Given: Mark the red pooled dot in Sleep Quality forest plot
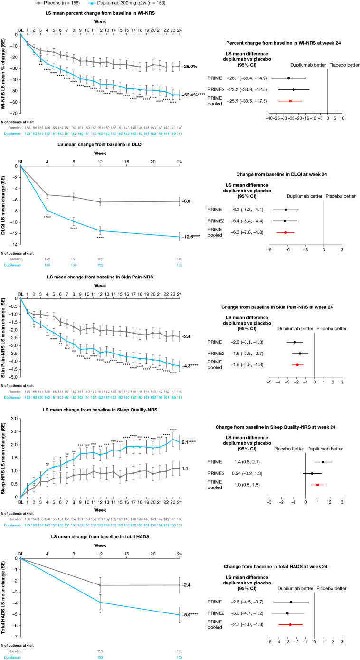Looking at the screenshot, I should tap(317, 485).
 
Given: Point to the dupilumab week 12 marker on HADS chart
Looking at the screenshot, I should tap(100, 603).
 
